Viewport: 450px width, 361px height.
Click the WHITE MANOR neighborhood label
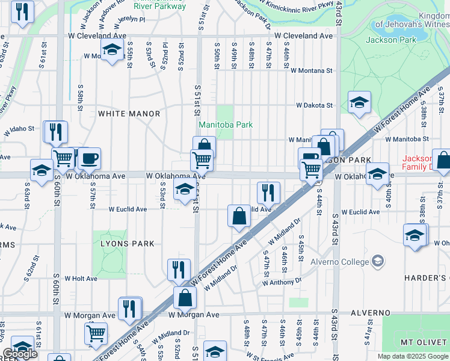pyautogui.click(x=129, y=114)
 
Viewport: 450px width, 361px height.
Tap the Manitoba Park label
pyautogui.click(x=226, y=125)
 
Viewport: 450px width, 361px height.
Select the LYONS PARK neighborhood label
pyautogui.click(x=127, y=244)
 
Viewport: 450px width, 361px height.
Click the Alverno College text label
pyautogui.click(x=341, y=262)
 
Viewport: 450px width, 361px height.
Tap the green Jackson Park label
pyautogui.click(x=390, y=40)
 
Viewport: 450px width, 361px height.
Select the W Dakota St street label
pyautogui.click(x=313, y=105)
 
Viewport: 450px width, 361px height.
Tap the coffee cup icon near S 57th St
pyautogui.click(x=90, y=159)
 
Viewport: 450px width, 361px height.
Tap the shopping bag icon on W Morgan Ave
pyautogui.click(x=185, y=297)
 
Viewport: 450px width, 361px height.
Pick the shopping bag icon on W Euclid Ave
pyautogui.click(x=239, y=215)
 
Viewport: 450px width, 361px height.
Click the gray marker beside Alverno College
pyautogui.click(x=377, y=261)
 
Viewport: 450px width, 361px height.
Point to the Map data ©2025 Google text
pyautogui.click(x=412, y=356)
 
